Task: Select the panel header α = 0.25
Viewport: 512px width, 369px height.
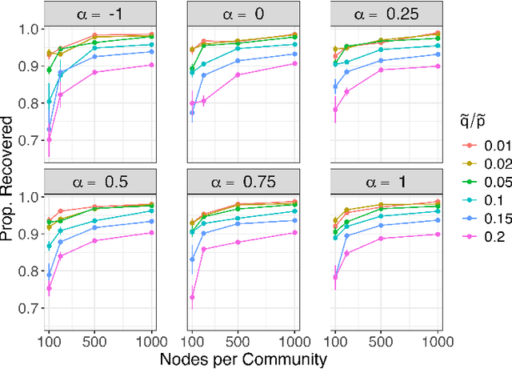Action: pyautogui.click(x=386, y=11)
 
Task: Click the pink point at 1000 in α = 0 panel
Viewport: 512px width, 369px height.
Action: pyautogui.click(x=294, y=63)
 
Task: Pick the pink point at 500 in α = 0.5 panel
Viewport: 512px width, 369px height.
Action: pyautogui.click(x=94, y=241)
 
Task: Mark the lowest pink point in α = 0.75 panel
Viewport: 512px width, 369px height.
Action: pyautogui.click(x=192, y=297)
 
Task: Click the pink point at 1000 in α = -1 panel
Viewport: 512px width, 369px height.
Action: pyautogui.click(x=152, y=65)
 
